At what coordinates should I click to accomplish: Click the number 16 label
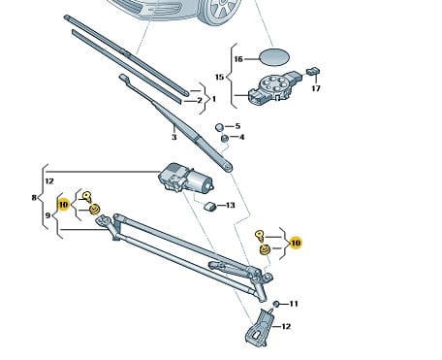click(238, 59)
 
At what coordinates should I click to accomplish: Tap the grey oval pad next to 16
click(274, 57)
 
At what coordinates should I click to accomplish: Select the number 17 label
click(316, 88)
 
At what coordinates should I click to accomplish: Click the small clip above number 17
click(313, 71)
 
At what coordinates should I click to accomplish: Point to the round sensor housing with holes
click(274, 87)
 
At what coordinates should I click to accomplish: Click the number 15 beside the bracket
click(219, 77)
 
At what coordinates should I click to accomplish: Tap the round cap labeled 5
click(220, 127)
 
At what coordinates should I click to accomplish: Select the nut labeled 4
click(225, 139)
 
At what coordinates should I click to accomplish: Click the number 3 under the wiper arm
click(174, 137)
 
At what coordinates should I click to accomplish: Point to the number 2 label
click(200, 100)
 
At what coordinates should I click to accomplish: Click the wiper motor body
click(185, 178)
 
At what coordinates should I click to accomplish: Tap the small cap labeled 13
click(210, 206)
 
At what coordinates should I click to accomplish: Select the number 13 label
click(230, 205)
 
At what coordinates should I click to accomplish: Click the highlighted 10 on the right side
click(296, 243)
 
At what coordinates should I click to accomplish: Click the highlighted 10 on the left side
click(63, 205)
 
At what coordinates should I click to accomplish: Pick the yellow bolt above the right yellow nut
click(260, 236)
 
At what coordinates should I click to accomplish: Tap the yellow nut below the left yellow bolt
click(94, 210)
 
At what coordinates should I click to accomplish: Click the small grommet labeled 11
click(276, 304)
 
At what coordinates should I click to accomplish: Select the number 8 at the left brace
click(34, 197)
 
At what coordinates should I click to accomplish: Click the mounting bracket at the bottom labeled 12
click(259, 328)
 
